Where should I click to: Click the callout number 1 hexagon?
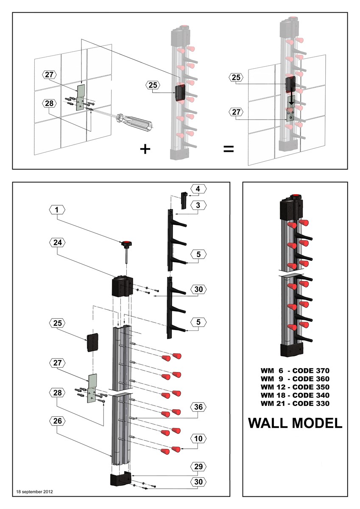tap(57, 209)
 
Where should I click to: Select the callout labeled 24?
tap(57, 242)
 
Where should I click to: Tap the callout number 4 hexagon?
tap(198, 188)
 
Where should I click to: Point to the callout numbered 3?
tap(198, 205)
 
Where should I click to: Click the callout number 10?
tap(198, 437)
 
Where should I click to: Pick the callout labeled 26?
tap(57, 420)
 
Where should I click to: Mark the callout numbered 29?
tap(198, 466)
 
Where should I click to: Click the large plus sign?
tap(145, 149)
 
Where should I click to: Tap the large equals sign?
tap(229, 149)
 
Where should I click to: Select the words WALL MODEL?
tap(295, 423)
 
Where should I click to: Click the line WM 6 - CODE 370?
tap(295, 370)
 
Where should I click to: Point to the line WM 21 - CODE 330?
tap(295, 403)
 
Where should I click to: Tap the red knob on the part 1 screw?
tap(126, 244)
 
